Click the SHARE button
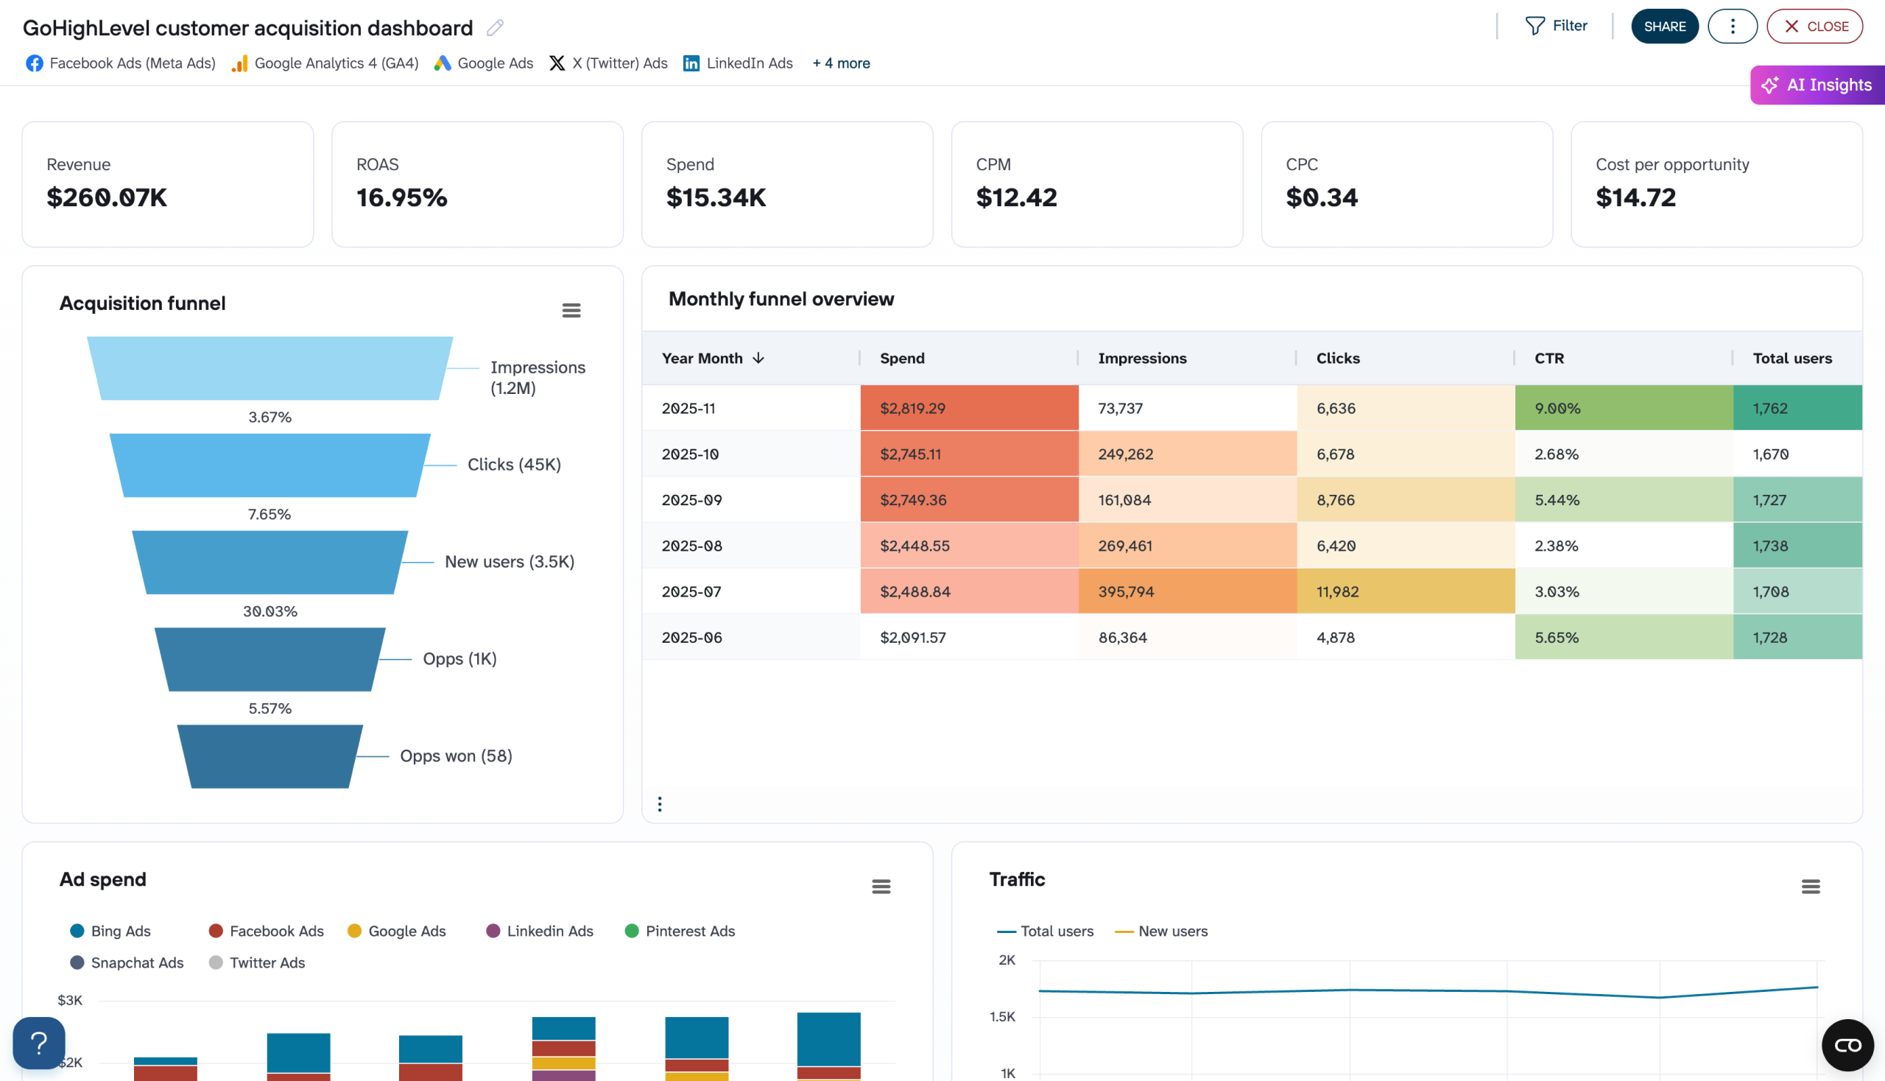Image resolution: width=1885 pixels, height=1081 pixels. coord(1664,27)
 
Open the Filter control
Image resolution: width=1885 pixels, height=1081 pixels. coord(1556,26)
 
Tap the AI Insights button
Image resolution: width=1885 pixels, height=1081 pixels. coord(1817,85)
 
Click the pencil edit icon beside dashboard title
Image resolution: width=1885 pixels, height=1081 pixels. coord(496,28)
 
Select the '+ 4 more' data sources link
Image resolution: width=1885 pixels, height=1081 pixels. coord(840,63)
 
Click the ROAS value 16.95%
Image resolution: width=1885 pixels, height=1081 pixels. coord(401,197)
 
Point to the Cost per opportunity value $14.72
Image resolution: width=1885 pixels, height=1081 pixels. coord(1635,197)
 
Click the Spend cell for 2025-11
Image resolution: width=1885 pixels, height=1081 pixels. coord(968,409)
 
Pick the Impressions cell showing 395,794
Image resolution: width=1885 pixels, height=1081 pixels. coord(1186,592)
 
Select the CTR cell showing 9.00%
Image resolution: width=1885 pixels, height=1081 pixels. coord(1623,409)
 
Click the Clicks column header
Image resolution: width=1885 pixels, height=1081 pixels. coord(1338,359)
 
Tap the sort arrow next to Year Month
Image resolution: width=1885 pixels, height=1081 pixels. coord(758,359)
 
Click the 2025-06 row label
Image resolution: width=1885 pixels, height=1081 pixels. coord(692,638)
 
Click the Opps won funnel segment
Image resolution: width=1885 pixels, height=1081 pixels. coord(270,756)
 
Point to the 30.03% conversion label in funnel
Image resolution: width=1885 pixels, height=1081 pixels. coord(270,612)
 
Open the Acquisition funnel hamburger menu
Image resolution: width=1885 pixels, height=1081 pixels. coord(571,310)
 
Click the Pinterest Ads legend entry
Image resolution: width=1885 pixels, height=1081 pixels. coord(680,931)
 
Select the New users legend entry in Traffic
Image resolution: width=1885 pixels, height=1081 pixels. coord(1162,931)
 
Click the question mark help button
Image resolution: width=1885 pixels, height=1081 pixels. coord(38,1043)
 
